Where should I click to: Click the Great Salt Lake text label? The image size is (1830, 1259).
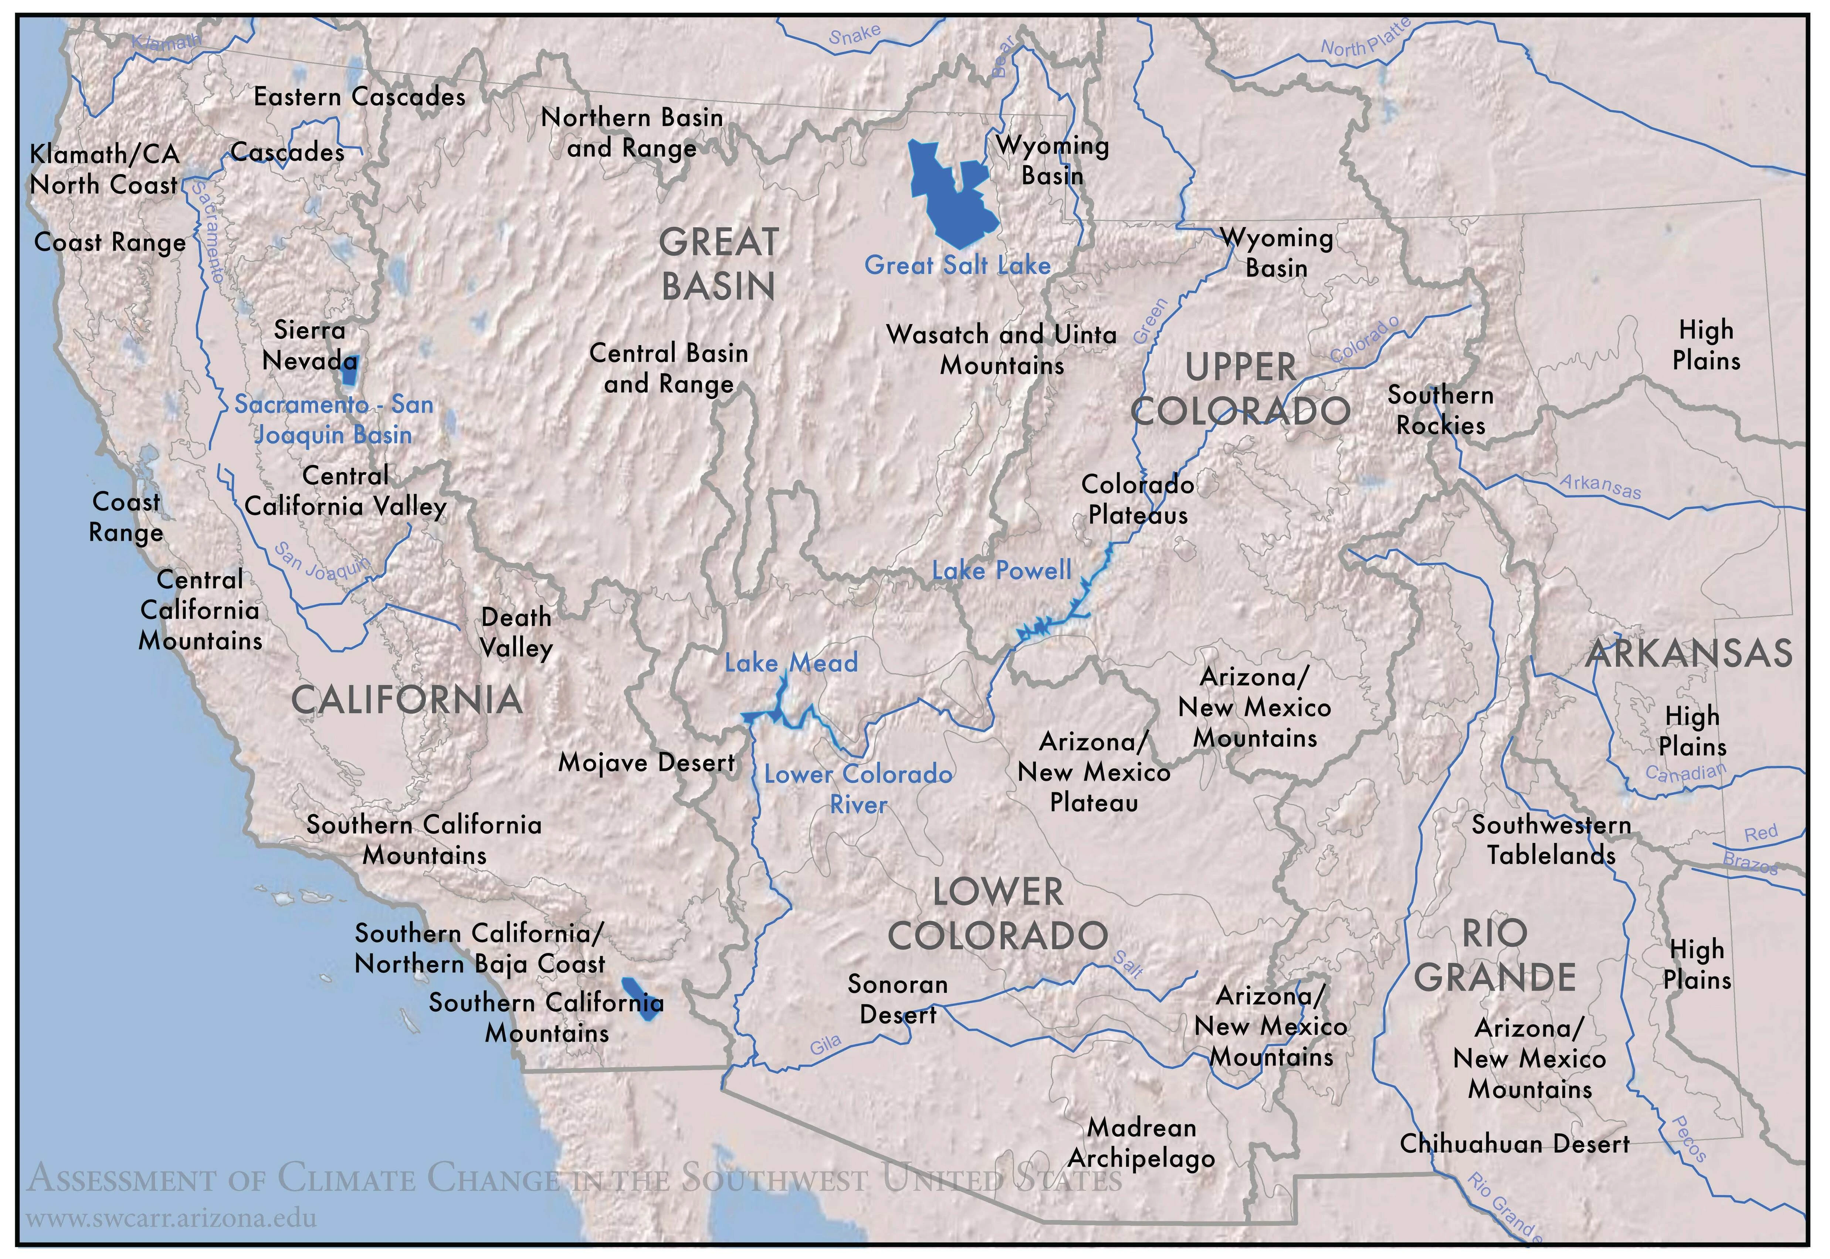pyautogui.click(x=957, y=265)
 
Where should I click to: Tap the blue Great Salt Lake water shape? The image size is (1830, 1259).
pyautogui.click(x=951, y=197)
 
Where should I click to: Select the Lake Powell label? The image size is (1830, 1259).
pyautogui.click(x=1002, y=570)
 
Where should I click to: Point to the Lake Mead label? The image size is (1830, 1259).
pyautogui.click(x=791, y=663)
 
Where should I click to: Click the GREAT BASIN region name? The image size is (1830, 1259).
pyautogui.click(x=718, y=264)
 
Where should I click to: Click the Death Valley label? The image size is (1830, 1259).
pyautogui.click(x=516, y=632)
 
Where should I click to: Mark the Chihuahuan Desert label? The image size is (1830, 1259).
pyautogui.click(x=1514, y=1144)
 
